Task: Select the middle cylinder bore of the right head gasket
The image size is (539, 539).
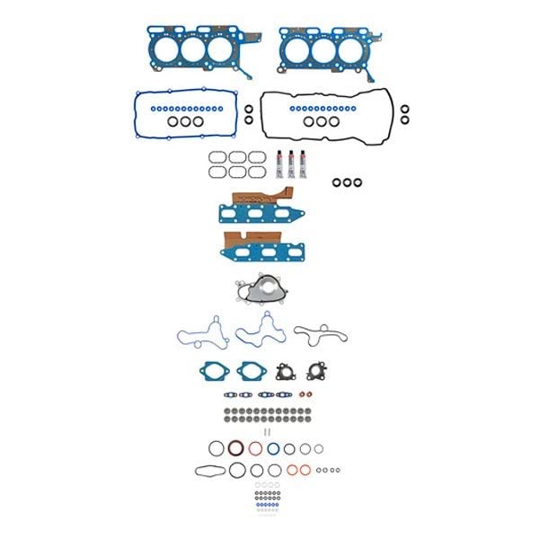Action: point(321,49)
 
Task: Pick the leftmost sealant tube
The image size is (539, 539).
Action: point(278,162)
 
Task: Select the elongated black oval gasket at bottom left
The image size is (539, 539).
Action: point(208,470)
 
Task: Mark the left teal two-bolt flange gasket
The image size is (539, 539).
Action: point(215,369)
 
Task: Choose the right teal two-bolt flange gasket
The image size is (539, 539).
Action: point(253,369)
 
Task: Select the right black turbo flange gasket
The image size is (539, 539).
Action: point(316,371)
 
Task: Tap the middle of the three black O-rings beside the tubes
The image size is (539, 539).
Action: point(347,182)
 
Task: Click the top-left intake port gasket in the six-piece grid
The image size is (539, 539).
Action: point(217,157)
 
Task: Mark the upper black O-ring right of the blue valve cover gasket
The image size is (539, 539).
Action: point(249,110)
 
